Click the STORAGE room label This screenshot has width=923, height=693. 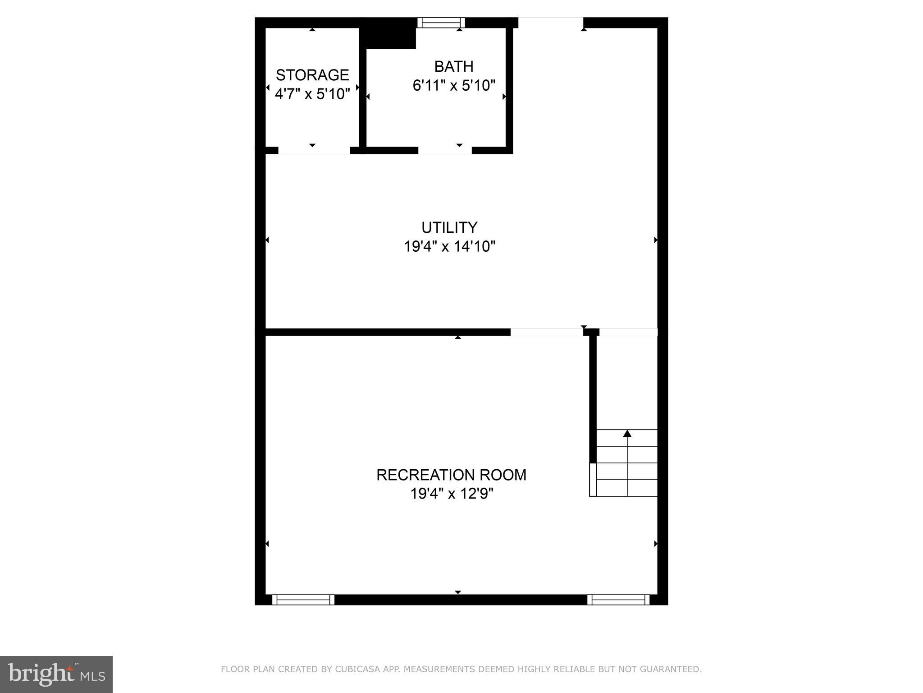[312, 75]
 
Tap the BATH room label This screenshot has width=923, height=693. [453, 67]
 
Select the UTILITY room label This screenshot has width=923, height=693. [449, 227]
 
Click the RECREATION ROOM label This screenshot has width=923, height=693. [451, 475]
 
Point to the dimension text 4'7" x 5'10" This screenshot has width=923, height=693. [312, 94]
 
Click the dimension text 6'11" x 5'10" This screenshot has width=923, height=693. [454, 86]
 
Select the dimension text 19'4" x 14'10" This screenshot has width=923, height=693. [449, 247]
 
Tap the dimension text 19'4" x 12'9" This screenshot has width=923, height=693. [452, 494]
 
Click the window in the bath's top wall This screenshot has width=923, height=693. [441, 23]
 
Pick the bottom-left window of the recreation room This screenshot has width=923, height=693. [303, 600]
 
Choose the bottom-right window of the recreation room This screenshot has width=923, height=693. [618, 600]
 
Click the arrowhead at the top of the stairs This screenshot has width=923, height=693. [627, 434]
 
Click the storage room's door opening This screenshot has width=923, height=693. [314, 151]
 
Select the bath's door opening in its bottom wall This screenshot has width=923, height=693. [445, 151]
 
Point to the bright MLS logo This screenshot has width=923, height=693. [56, 674]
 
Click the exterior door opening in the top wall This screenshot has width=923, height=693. [550, 23]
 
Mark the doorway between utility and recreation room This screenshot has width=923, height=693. [546, 333]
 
